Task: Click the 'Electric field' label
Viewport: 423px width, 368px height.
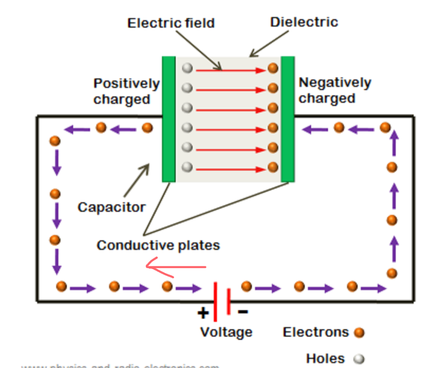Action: tap(171, 23)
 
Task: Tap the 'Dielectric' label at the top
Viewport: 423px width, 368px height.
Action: tap(304, 22)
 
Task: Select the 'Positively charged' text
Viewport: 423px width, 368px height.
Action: tap(126, 91)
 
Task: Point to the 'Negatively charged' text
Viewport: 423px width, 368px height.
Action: tap(334, 90)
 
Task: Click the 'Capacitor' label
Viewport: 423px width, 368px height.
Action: tap(112, 207)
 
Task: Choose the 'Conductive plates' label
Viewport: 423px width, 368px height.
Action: tap(158, 245)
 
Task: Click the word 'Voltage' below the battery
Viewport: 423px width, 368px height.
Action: tap(226, 332)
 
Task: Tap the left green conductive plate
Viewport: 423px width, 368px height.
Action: tap(169, 119)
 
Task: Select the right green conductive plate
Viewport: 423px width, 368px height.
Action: tap(287, 119)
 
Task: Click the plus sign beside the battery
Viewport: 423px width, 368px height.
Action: tap(203, 312)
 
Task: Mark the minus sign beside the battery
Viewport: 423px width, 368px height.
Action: tap(243, 311)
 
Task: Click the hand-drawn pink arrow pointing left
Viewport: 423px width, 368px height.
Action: tap(176, 267)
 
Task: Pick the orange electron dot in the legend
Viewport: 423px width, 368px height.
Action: tap(359, 333)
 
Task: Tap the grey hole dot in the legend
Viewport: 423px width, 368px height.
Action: tap(359, 359)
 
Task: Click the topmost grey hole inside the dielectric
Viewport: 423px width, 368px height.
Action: tap(187, 69)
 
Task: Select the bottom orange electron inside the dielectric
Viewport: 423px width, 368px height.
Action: tap(273, 167)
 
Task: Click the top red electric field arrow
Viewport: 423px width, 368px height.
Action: tap(230, 70)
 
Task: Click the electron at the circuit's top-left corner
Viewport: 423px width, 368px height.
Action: tap(55, 141)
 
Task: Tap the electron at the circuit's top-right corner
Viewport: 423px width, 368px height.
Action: tap(385, 127)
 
